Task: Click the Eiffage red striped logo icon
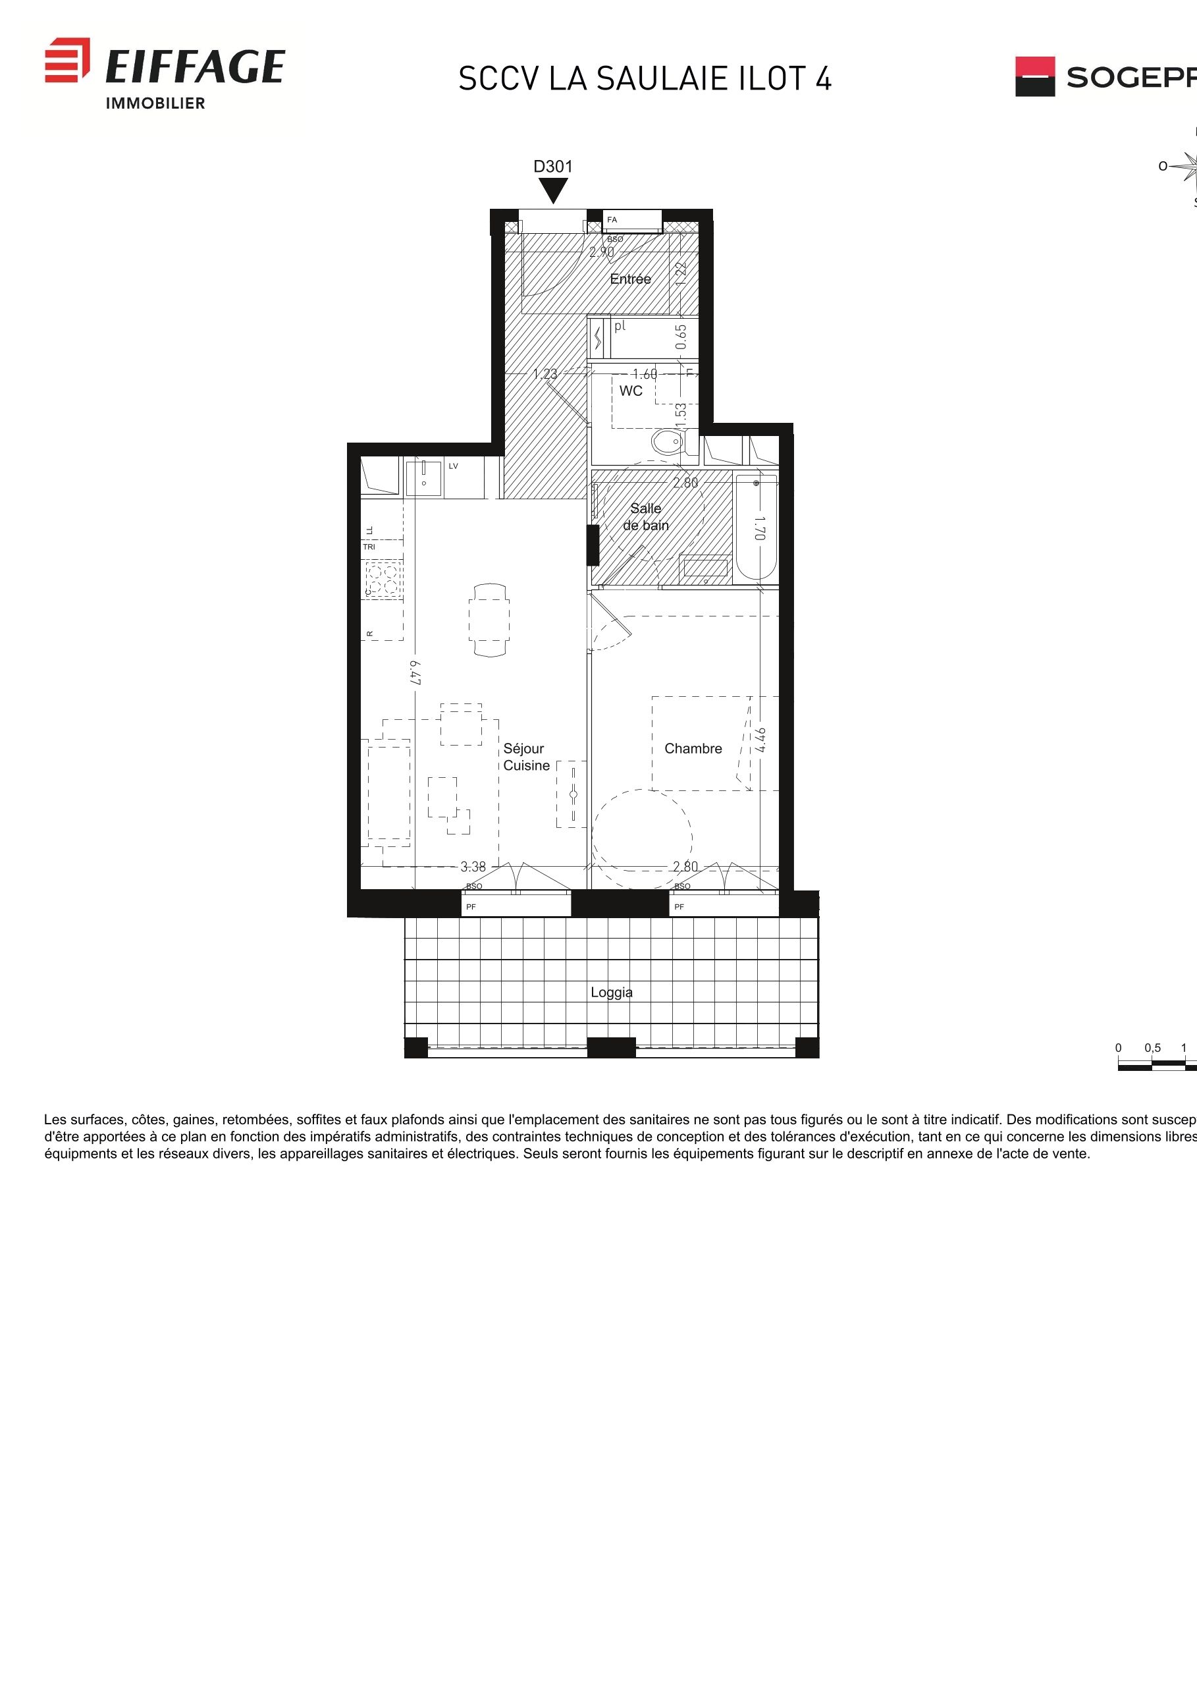(x=67, y=60)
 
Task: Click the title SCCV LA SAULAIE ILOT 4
(x=645, y=79)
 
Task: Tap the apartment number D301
(x=552, y=167)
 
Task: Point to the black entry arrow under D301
(x=552, y=190)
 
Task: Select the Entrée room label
(x=631, y=279)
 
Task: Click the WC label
(x=631, y=391)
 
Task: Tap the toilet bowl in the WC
(x=668, y=443)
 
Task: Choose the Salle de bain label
(x=646, y=516)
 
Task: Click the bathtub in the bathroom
(x=756, y=528)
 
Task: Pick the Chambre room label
(x=693, y=749)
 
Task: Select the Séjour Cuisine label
(x=526, y=757)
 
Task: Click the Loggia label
(x=612, y=993)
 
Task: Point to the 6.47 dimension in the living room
(x=416, y=672)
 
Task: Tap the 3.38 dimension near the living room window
(x=473, y=867)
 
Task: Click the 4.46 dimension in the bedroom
(x=761, y=740)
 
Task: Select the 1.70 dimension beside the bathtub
(x=760, y=528)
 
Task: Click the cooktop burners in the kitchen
(x=383, y=578)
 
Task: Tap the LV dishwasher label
(x=454, y=466)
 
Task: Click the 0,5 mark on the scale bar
(x=1152, y=1048)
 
